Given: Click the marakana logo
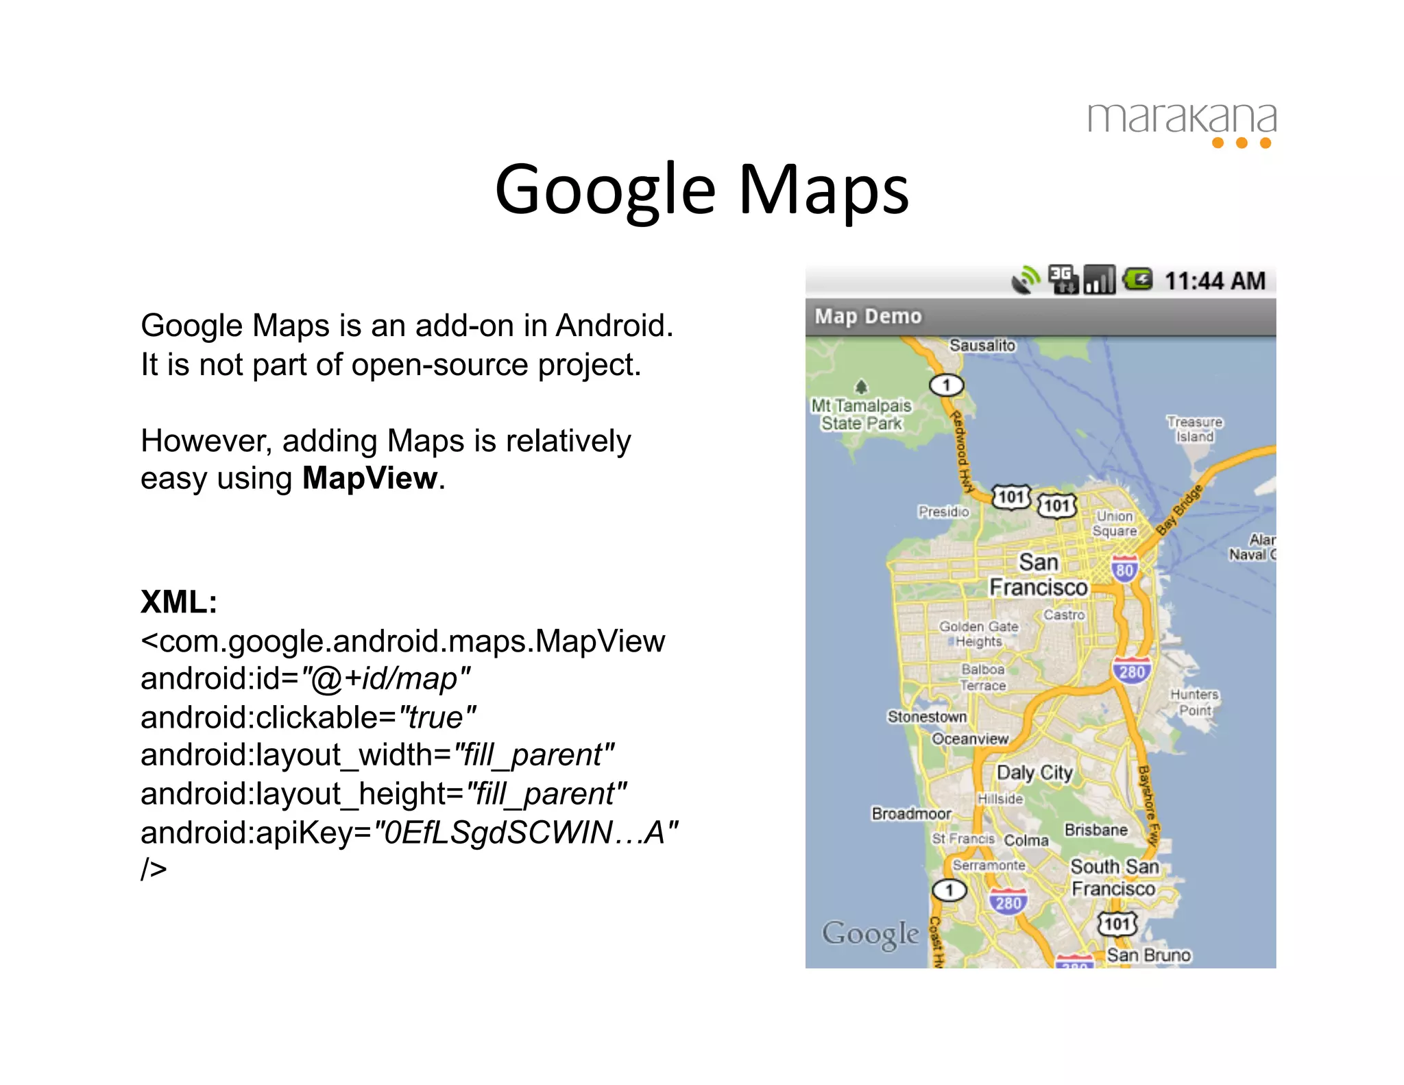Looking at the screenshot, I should (1181, 123).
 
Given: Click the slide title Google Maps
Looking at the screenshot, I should (701, 189).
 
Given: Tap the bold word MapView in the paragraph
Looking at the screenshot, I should (370, 478).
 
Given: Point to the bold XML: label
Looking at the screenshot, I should (179, 601).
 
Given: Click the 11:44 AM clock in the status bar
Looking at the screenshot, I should (1214, 281).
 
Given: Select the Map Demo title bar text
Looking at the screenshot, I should (868, 316).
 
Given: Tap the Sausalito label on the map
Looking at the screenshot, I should (982, 345).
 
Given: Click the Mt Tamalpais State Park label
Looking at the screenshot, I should (862, 414).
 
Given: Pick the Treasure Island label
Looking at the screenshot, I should (1195, 429).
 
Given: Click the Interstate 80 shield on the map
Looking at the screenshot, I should (1124, 569).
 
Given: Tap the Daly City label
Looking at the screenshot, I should (1034, 772).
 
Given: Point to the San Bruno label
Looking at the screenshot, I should (1148, 955).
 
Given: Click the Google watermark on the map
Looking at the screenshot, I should (870, 933).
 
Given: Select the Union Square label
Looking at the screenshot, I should (1115, 523).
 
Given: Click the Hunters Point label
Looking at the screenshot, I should (1194, 702).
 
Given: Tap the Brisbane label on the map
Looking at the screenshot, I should (1096, 830).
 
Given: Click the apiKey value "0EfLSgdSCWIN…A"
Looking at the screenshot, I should (525, 832).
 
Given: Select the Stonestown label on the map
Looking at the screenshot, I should (927, 716).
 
